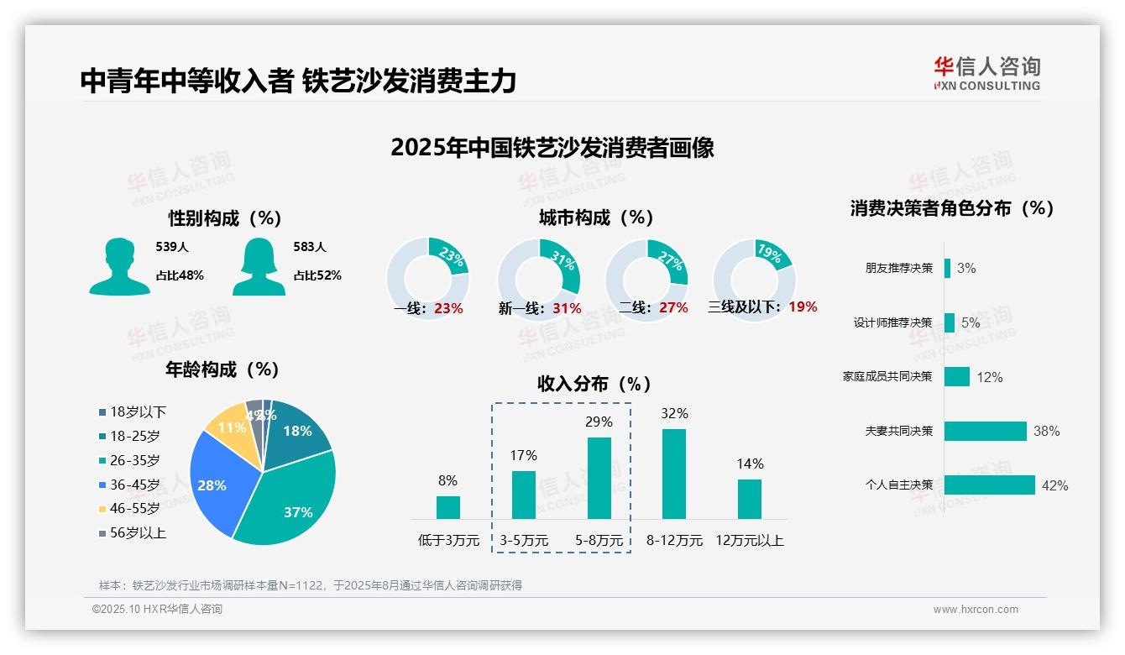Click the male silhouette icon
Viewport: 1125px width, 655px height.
[x=119, y=266]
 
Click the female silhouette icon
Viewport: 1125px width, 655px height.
[x=259, y=266]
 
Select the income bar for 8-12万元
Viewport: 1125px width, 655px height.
[x=674, y=474]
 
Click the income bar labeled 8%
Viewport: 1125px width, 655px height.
[x=447, y=507]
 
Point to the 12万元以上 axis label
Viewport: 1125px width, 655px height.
[x=749, y=540]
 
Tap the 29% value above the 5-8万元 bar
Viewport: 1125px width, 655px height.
[x=599, y=422]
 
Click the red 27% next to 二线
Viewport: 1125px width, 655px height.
[x=673, y=308]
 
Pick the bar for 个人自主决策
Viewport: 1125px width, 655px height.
[x=990, y=485]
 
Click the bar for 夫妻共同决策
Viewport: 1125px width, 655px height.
[x=986, y=431]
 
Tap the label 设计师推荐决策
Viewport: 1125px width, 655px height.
[x=892, y=322]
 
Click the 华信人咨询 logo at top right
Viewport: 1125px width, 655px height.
[x=986, y=73]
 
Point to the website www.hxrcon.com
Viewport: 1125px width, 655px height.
[x=975, y=610]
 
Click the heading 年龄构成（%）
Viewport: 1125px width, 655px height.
[x=222, y=369]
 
